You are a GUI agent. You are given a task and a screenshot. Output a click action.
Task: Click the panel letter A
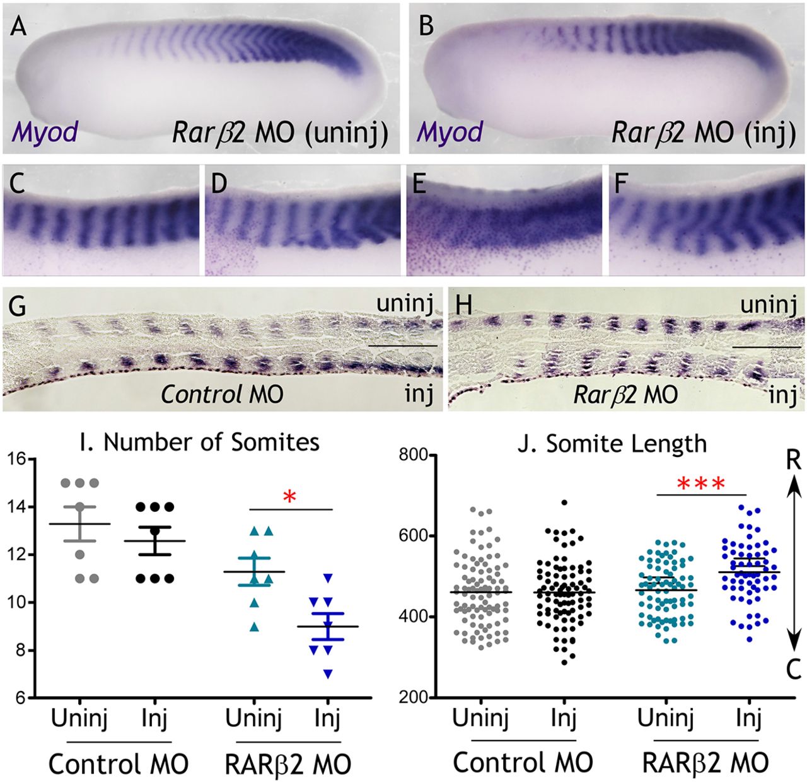pyautogui.click(x=19, y=27)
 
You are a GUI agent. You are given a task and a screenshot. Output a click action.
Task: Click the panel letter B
pyautogui.click(x=426, y=27)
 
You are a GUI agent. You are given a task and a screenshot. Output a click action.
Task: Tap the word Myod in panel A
pyautogui.click(x=44, y=132)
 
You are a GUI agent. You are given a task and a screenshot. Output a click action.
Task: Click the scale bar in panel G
pyautogui.click(x=402, y=345)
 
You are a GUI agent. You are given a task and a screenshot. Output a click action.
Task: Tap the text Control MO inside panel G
pyautogui.click(x=222, y=394)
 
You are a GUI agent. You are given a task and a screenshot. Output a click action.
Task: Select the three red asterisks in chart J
pyautogui.click(x=702, y=485)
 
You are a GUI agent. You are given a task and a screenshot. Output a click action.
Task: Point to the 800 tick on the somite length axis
pyautogui.click(x=413, y=455)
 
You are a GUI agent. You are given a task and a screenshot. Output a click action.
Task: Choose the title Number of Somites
pyautogui.click(x=197, y=442)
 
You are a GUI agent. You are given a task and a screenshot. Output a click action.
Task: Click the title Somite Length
pyautogui.click(x=612, y=444)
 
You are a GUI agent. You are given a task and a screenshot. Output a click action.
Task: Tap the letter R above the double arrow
pyautogui.click(x=794, y=460)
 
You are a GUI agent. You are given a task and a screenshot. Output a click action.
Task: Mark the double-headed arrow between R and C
pyautogui.click(x=794, y=564)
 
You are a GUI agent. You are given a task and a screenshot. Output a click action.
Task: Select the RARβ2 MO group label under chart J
pyautogui.click(x=705, y=763)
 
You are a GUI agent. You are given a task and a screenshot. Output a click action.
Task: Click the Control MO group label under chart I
pyautogui.click(x=119, y=765)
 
